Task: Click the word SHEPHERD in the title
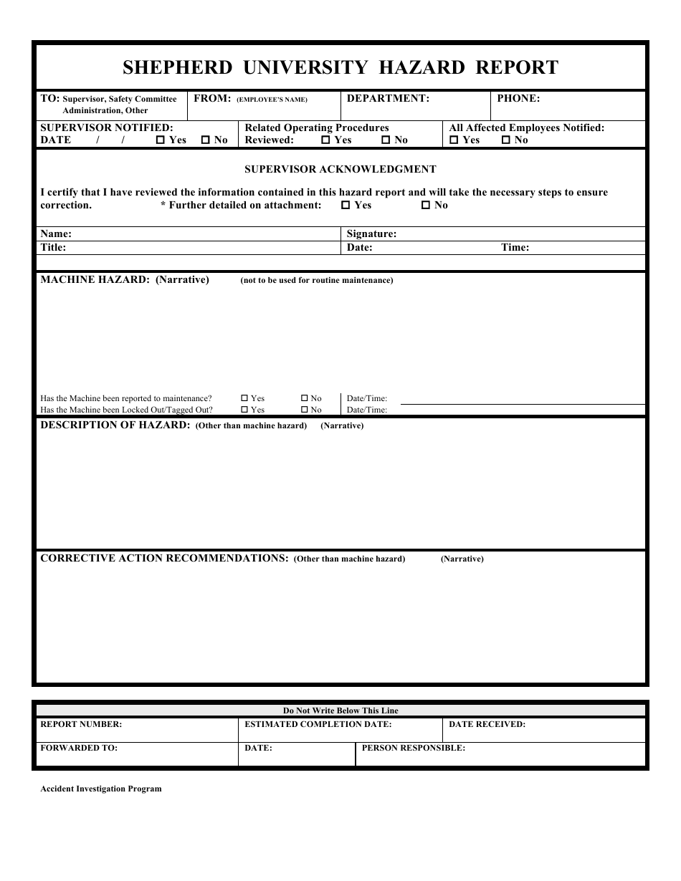[177, 67]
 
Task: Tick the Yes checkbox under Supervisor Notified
[160, 140]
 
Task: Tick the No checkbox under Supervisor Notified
[206, 140]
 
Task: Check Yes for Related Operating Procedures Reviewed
[325, 140]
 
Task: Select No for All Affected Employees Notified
[506, 140]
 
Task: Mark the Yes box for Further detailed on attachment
[346, 206]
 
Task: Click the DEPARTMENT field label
[388, 99]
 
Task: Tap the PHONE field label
[518, 99]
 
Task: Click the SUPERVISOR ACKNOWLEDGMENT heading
[340, 170]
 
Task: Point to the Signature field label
[371, 234]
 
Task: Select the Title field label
[53, 247]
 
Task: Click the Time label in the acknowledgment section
[515, 247]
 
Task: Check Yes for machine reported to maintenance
[244, 398]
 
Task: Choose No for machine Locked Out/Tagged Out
[304, 410]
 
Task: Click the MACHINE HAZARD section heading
[124, 280]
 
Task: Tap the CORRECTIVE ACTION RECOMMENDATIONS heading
[164, 558]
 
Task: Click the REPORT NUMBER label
[81, 724]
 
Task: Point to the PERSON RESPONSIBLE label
[413, 748]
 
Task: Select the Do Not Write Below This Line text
[340, 711]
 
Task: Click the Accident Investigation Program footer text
[101, 789]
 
